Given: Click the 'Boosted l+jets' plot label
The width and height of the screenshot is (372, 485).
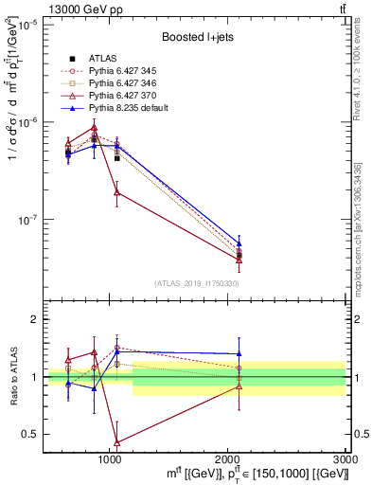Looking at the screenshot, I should [x=194, y=38].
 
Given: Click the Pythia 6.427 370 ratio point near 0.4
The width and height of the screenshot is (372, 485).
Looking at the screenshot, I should [x=116, y=442].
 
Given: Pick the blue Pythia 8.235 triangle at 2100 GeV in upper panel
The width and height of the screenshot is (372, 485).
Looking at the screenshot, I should [x=239, y=243].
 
